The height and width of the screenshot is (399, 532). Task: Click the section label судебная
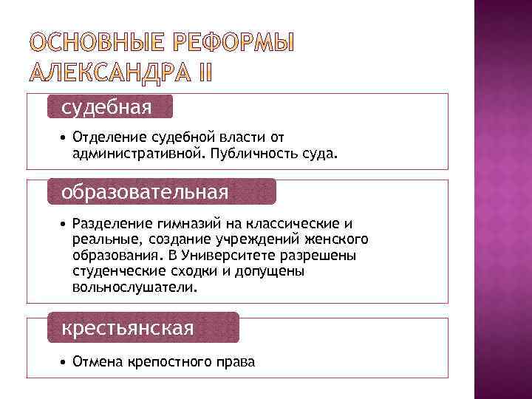click(x=106, y=108)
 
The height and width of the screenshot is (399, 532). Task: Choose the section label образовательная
click(x=145, y=192)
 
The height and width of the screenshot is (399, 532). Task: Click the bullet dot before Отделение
click(x=65, y=137)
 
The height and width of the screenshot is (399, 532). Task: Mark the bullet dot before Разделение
click(x=65, y=222)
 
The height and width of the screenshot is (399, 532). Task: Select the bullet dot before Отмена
click(x=65, y=362)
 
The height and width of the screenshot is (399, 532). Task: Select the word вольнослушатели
click(x=135, y=287)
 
